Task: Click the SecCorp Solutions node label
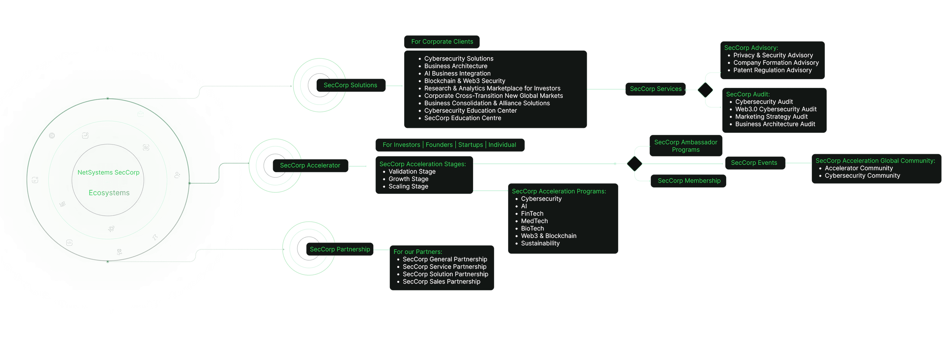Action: [350, 85]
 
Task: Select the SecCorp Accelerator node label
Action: [310, 166]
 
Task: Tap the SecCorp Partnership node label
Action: [340, 249]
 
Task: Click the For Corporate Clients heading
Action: [442, 42]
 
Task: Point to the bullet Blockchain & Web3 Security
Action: [465, 81]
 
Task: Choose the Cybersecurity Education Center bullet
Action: [470, 111]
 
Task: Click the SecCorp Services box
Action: [656, 89]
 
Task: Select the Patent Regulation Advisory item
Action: [772, 70]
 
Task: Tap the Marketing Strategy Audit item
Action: [771, 117]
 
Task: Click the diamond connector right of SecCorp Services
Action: [705, 90]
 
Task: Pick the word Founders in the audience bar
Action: [439, 145]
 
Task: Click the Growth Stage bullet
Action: [408, 179]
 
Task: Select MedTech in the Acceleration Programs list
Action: [534, 221]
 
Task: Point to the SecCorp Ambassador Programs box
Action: [685, 146]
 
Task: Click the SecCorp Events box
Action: [754, 163]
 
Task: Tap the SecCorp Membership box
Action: [689, 181]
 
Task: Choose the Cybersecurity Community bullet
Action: [862, 176]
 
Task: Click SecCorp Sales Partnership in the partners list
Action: [441, 282]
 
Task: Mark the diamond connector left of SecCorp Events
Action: [634, 163]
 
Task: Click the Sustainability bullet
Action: [540, 243]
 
